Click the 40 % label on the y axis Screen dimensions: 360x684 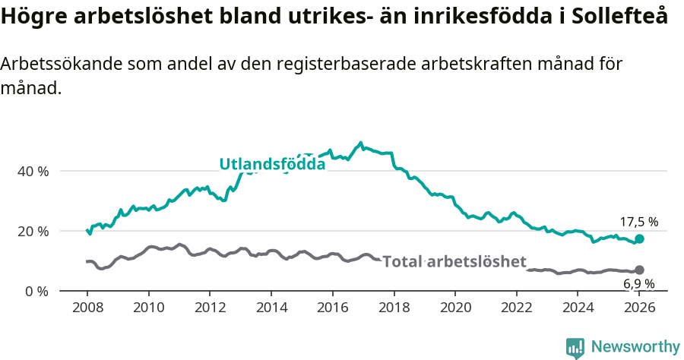click(33, 172)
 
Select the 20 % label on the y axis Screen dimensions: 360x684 click(33, 232)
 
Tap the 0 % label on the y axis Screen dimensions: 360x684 click(36, 292)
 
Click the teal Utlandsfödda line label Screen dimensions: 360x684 click(272, 164)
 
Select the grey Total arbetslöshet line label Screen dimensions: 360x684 click(454, 262)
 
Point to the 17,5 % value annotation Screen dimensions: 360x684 click(638, 223)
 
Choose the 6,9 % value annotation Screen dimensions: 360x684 click(638, 284)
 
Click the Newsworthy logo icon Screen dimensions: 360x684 click(575, 347)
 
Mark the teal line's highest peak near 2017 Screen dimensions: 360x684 click(360, 143)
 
